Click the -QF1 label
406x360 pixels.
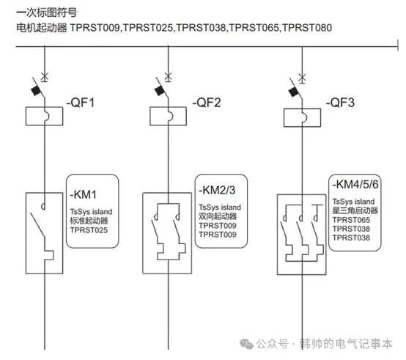[x=81, y=103]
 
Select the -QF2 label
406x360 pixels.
[x=207, y=103]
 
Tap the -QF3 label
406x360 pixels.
[x=340, y=103]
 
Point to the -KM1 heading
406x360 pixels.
[x=83, y=194]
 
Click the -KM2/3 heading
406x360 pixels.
[x=217, y=190]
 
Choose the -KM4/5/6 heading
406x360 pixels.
[x=355, y=185]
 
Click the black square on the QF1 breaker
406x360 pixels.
[x=37, y=91]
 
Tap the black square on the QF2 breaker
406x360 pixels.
[x=160, y=91]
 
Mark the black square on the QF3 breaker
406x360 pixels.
[x=294, y=92]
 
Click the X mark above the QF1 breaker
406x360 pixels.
[x=45, y=77]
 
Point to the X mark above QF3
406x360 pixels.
[x=302, y=78]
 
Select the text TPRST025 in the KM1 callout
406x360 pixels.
[x=89, y=230]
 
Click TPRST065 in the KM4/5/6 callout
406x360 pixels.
[x=351, y=220]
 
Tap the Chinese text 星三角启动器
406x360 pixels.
[x=355, y=210]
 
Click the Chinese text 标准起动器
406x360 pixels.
[x=89, y=221]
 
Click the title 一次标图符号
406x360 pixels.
[x=47, y=12]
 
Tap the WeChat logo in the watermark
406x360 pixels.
[x=246, y=344]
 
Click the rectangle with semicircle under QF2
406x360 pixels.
[x=168, y=116]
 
